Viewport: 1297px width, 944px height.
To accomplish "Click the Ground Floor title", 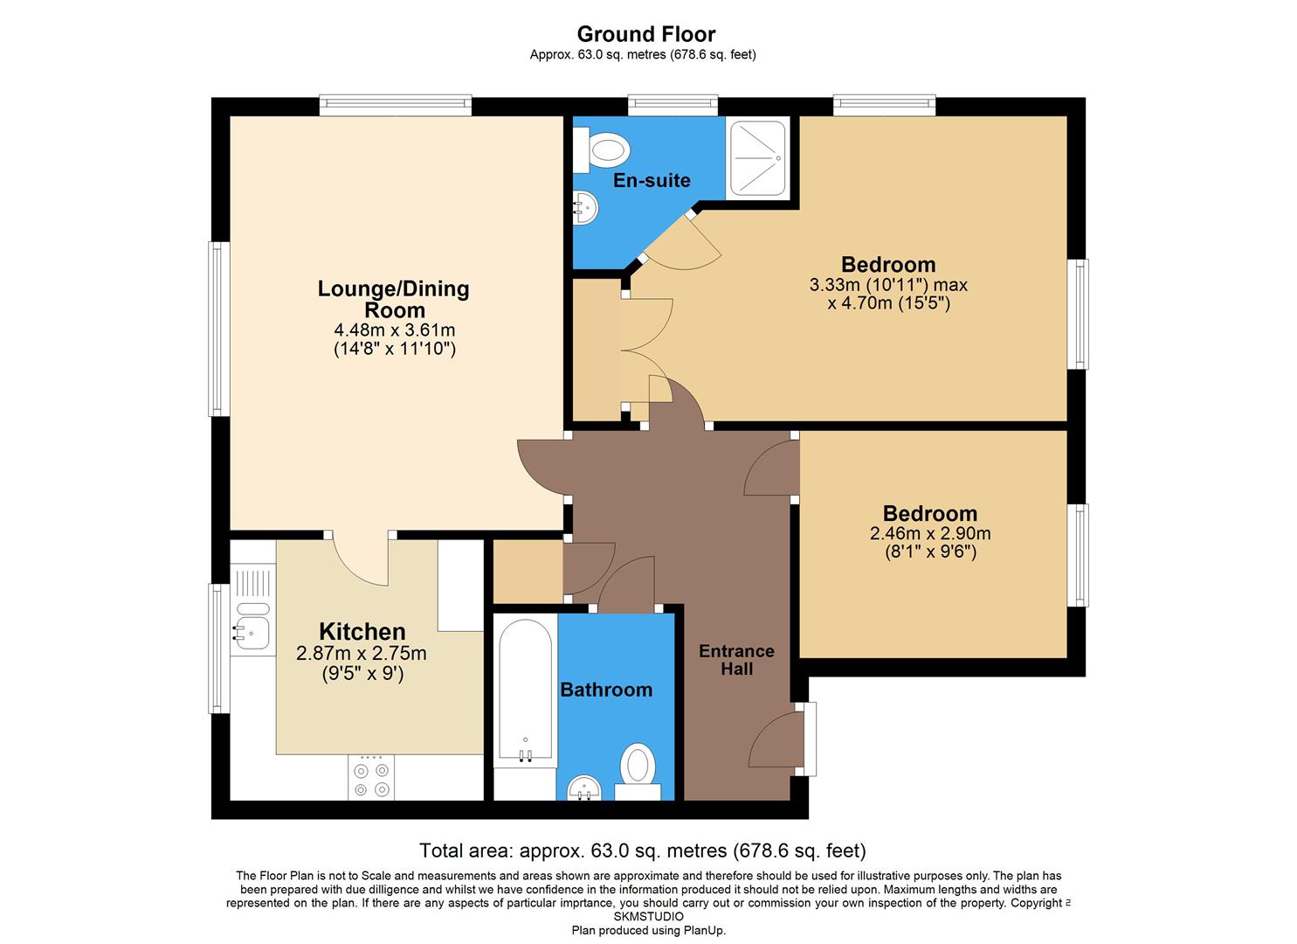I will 646,34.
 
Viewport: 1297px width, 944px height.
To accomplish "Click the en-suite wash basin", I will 584,208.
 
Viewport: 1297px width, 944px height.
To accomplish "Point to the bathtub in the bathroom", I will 525,689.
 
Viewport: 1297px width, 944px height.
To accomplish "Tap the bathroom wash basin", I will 584,788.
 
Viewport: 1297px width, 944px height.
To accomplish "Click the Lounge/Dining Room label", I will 393,299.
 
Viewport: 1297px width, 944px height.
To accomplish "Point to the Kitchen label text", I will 362,631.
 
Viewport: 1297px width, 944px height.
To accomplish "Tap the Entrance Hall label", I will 736,660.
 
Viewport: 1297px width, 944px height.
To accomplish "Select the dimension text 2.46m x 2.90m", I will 929,533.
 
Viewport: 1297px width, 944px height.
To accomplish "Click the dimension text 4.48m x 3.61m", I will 394,330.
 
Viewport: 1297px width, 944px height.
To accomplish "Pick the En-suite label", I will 651,180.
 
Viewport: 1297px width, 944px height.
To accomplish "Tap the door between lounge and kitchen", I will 361,560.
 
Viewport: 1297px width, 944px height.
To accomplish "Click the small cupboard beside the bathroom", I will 528,571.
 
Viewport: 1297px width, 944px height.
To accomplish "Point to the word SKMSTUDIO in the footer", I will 648,917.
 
